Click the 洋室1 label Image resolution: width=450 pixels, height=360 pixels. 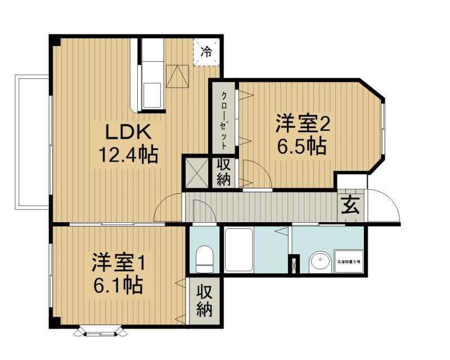click(119, 262)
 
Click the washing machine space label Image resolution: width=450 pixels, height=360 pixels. click(349, 262)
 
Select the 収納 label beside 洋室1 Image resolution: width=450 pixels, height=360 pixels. click(204, 301)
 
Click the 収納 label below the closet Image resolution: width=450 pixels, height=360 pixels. click(224, 173)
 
